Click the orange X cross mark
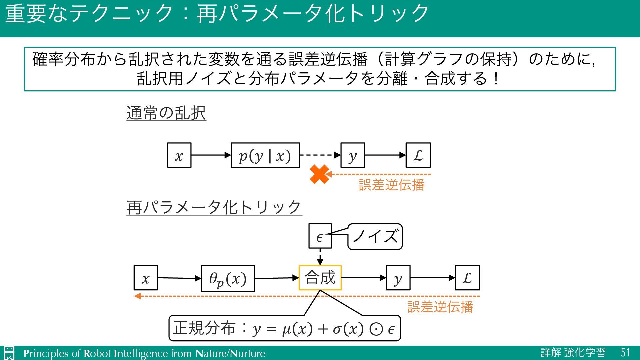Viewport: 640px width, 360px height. pos(319,174)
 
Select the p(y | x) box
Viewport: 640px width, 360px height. pos(265,155)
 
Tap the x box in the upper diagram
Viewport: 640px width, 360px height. pos(179,155)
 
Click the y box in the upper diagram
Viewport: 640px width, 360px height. pos(352,155)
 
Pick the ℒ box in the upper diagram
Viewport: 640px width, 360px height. pos(418,155)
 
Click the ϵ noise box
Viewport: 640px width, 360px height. pos(320,236)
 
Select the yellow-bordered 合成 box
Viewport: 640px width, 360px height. pos(320,278)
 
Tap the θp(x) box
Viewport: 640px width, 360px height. pos(228,278)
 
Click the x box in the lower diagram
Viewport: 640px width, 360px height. pos(145,278)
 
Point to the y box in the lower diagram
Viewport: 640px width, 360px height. pos(398,278)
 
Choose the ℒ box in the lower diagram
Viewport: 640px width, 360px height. pos(467,278)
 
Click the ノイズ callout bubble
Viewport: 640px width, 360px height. pos(375,237)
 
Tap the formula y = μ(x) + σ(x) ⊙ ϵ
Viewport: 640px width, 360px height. pos(323,329)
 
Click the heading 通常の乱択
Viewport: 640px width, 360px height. pos(166,113)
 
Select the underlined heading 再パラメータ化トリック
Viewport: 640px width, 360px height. pos(214,207)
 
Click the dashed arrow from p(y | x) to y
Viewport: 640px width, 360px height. pos(320,155)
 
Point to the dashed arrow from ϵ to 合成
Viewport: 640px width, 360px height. pos(320,257)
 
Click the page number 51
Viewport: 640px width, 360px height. pos(625,353)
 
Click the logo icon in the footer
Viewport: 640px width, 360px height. pos(9,353)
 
